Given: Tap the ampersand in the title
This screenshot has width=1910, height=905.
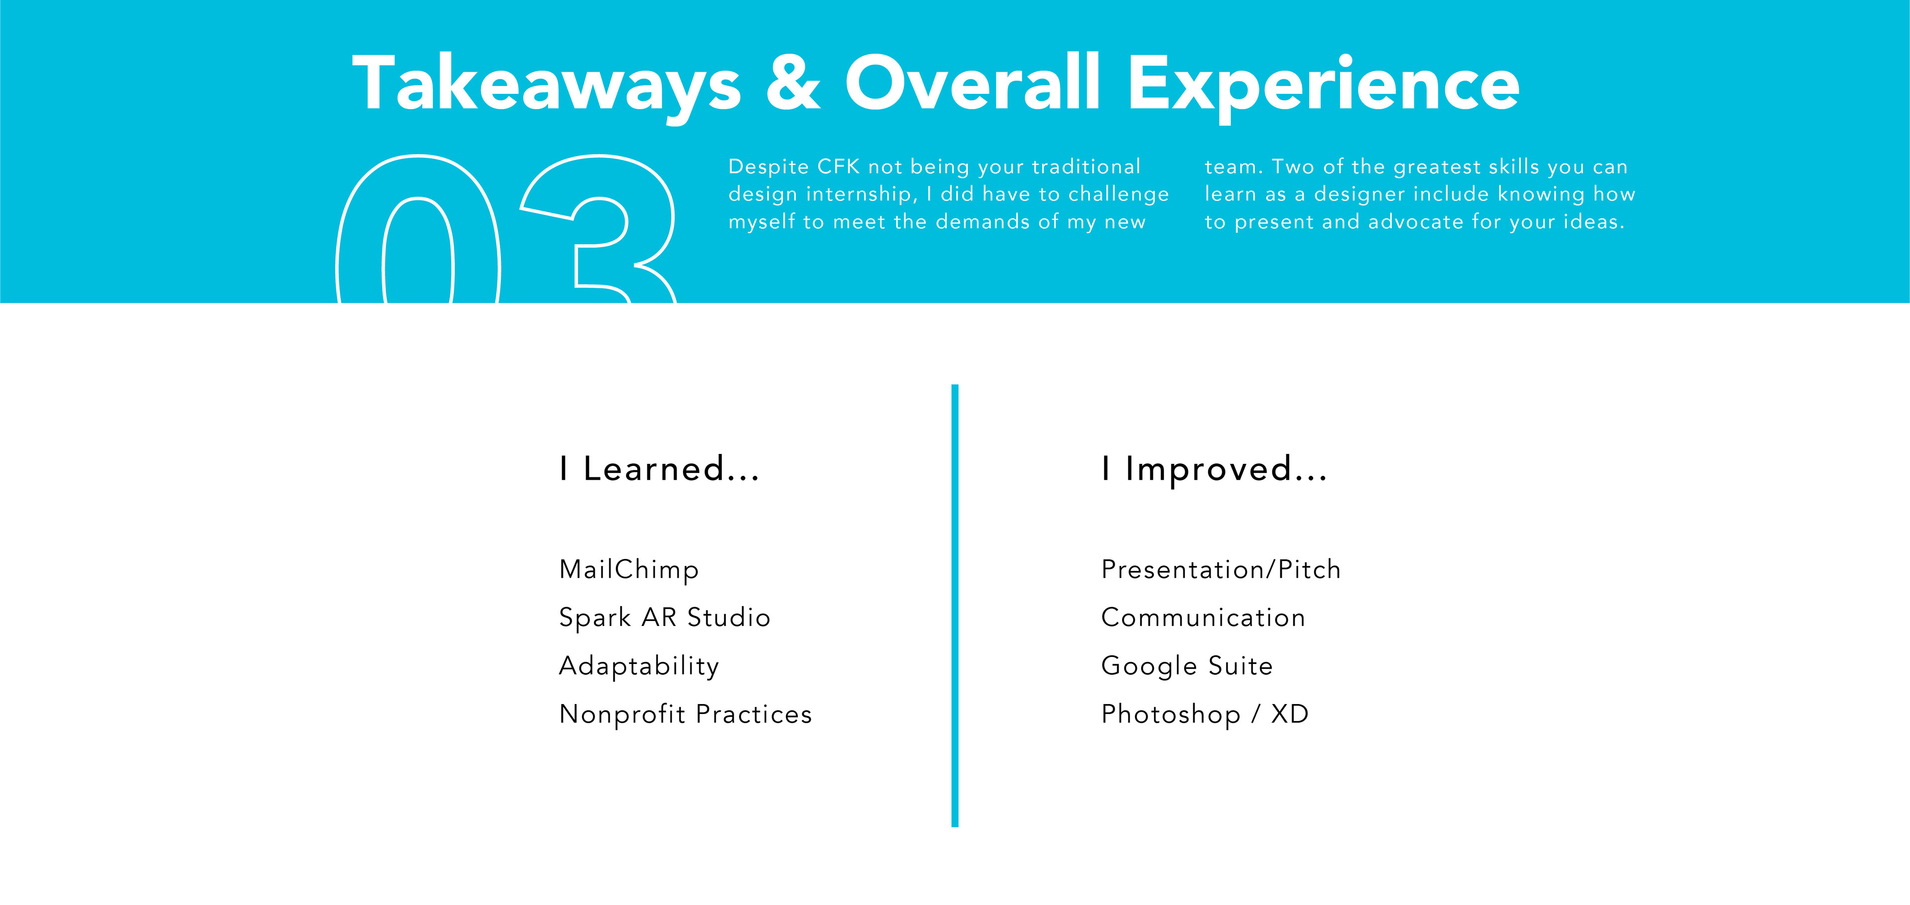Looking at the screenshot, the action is (x=793, y=83).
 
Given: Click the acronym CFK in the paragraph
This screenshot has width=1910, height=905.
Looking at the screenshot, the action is (x=839, y=167).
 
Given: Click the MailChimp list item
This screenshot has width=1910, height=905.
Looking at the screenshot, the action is (x=629, y=570).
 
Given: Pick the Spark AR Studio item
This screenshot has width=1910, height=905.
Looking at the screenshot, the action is (x=665, y=618).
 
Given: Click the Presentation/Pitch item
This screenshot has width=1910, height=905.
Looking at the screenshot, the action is (x=1221, y=569).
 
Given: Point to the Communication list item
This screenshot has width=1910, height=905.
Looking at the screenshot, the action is (x=1203, y=618).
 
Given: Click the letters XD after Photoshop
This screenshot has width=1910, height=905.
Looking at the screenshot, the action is (x=1290, y=714).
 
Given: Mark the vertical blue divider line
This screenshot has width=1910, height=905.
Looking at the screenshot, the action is (x=955, y=606).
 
